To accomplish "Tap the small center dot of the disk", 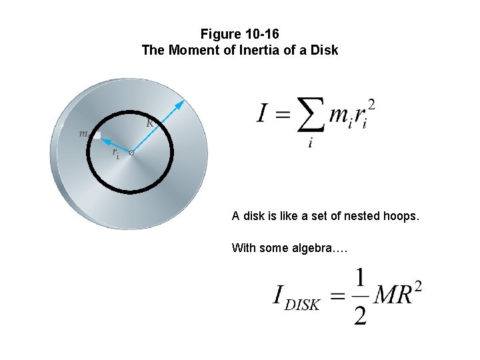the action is point(131,153).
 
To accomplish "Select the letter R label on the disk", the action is point(151,123).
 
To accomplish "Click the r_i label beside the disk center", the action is point(116,154).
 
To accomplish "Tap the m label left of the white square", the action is point(83,133).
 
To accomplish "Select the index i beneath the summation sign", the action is point(311,143).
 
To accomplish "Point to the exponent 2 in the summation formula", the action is point(371,104).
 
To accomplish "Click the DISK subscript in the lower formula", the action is point(302,305).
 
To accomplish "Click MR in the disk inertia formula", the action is point(392,295).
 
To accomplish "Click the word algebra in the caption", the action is point(313,248).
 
